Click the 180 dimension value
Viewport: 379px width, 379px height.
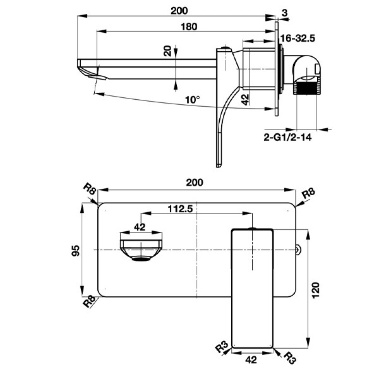[x=189, y=27]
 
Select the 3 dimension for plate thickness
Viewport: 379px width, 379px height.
[x=285, y=13]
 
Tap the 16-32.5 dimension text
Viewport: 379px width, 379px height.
[x=298, y=39]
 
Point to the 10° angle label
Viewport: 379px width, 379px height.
[x=193, y=100]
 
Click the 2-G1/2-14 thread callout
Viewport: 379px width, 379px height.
[x=287, y=138]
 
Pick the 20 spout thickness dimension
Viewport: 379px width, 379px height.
[x=167, y=51]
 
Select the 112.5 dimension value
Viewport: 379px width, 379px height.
[x=181, y=208]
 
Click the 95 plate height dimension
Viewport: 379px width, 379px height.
[x=76, y=250]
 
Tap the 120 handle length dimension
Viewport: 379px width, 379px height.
[x=316, y=291]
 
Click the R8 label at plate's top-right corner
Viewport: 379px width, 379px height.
[x=309, y=193]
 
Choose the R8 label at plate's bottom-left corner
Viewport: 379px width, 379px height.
[x=89, y=301]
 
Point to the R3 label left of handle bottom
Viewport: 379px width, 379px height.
[x=222, y=346]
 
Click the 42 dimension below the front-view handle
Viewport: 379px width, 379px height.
[x=251, y=360]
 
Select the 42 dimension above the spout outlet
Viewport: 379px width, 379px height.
[x=140, y=227]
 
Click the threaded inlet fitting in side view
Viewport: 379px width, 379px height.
[x=307, y=88]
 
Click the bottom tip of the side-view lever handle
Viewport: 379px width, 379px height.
[x=219, y=166]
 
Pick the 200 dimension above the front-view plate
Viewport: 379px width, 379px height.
[x=195, y=183]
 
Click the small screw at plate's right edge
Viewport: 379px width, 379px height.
[x=299, y=250]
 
